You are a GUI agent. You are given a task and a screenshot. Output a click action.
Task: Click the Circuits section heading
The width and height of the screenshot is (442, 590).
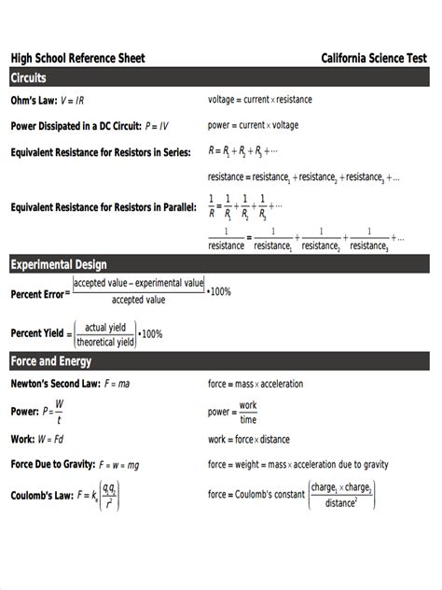tap(29, 78)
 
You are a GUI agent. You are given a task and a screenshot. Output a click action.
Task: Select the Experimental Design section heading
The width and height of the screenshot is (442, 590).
tap(59, 265)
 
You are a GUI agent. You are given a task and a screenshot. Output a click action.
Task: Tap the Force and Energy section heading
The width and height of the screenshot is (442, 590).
tap(51, 361)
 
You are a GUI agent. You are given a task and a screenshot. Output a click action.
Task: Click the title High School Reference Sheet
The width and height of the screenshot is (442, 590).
tap(77, 58)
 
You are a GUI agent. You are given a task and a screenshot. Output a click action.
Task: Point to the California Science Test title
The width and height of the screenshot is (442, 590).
tap(375, 58)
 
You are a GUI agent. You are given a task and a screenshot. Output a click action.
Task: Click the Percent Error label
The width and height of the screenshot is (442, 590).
tap(36, 293)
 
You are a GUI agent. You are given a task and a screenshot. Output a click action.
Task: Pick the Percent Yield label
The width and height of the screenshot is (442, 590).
tap(36, 333)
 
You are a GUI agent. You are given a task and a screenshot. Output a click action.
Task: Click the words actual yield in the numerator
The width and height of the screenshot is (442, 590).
tap(105, 327)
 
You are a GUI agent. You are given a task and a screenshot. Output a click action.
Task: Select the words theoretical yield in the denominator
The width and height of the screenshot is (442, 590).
tap(105, 342)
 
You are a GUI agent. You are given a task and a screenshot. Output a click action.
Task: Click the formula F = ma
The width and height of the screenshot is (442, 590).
tap(117, 383)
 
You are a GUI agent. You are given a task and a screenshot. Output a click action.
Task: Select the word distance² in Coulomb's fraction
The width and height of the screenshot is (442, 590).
tap(341, 503)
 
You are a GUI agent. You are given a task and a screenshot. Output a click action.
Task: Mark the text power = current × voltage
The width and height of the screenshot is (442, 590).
tap(253, 125)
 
